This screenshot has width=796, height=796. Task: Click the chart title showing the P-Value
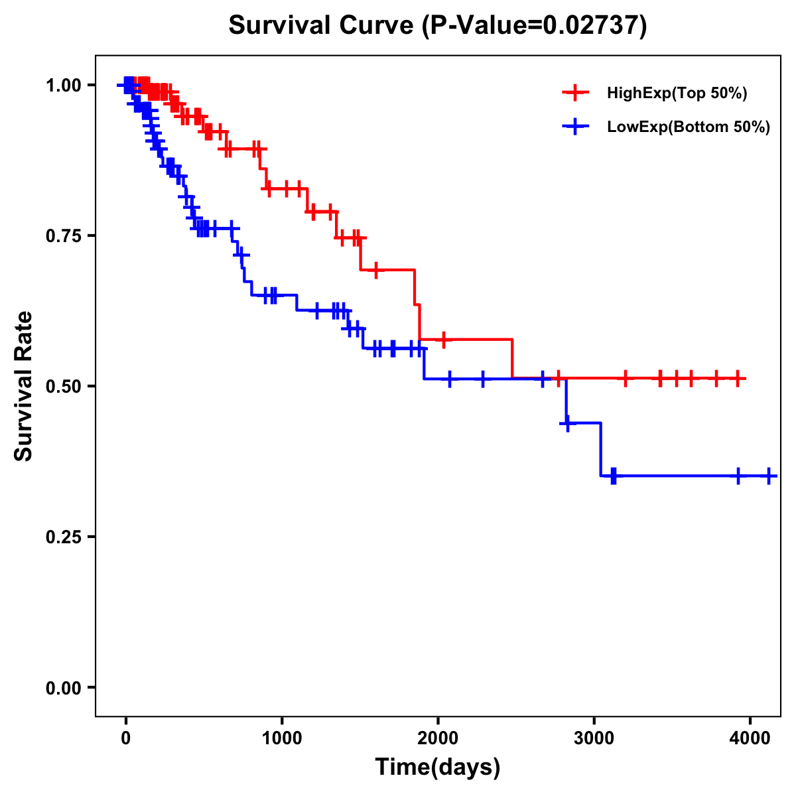click(x=438, y=25)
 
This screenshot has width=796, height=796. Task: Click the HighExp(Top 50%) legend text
click(x=677, y=94)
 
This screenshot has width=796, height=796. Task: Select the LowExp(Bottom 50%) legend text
click(x=688, y=127)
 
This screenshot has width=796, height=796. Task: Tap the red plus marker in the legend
click(x=575, y=93)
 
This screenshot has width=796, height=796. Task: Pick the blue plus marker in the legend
click(x=575, y=127)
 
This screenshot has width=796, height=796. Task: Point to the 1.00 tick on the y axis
click(x=63, y=86)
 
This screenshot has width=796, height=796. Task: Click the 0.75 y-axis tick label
click(x=63, y=236)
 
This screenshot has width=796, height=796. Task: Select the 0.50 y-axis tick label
click(x=63, y=387)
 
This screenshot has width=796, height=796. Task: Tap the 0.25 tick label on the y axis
click(x=63, y=537)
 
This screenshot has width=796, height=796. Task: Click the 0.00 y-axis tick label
click(x=63, y=688)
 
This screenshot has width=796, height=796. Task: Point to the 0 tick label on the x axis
click(x=126, y=738)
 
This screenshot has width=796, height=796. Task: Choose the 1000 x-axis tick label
click(x=282, y=738)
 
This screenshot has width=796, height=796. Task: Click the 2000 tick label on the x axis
click(x=438, y=738)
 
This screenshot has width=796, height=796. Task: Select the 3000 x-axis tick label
click(x=594, y=738)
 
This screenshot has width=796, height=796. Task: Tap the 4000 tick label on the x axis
click(x=750, y=738)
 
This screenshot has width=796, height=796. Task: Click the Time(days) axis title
click(x=438, y=767)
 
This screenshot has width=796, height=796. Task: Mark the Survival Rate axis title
click(x=24, y=385)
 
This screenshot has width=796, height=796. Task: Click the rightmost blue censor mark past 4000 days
click(x=769, y=476)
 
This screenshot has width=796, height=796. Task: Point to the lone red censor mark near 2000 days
click(x=443, y=339)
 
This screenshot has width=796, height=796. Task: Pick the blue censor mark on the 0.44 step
click(x=568, y=423)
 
